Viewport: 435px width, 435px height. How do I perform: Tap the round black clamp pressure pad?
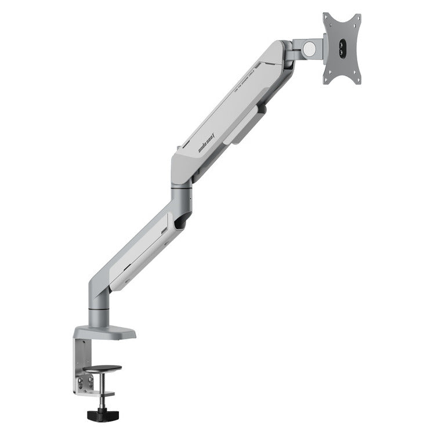pos(102,369)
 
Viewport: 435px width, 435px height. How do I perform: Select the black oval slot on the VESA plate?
pos(343,48)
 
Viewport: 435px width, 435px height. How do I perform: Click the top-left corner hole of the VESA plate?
pos(327,18)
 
